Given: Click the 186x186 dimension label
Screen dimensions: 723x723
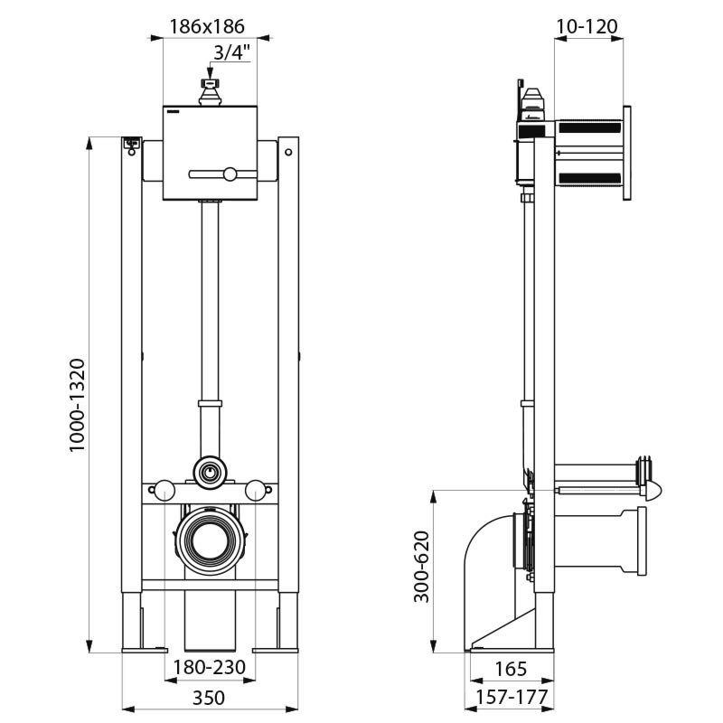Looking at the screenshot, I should (x=208, y=26).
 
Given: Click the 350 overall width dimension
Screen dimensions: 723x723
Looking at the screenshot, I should (x=209, y=698).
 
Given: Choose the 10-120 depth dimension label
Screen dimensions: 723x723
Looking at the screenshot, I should (x=587, y=26).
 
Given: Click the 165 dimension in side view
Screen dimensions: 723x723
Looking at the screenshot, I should (x=512, y=671).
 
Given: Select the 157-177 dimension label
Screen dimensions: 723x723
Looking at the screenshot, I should (x=512, y=698).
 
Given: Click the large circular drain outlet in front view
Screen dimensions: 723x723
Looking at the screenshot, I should (x=210, y=540).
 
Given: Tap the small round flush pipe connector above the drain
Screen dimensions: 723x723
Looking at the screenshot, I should (x=210, y=470).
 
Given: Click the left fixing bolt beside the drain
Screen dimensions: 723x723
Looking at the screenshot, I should (x=163, y=491).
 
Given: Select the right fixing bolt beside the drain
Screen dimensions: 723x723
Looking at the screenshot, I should (x=257, y=491).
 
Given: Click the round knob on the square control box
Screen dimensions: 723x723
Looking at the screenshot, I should (x=231, y=174).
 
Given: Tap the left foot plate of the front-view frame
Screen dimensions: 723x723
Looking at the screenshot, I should (x=145, y=648).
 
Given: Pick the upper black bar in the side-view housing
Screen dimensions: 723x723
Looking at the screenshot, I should (x=589, y=128).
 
